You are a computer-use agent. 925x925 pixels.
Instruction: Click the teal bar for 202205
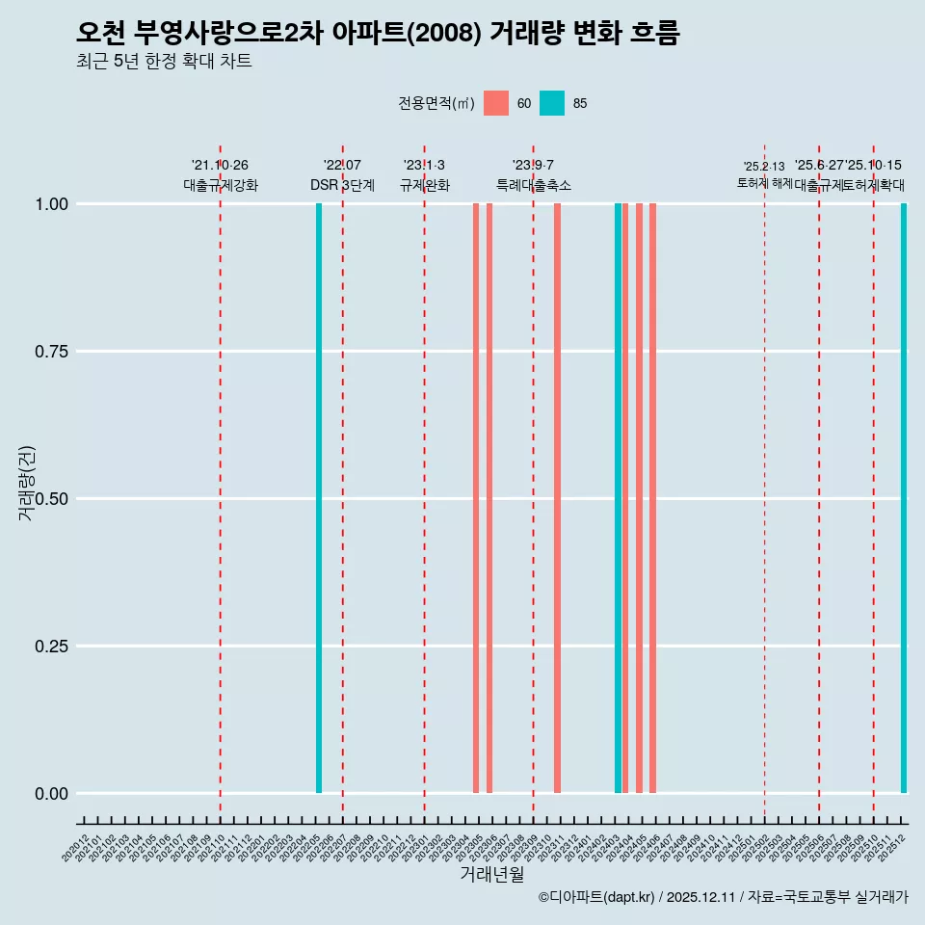(319, 498)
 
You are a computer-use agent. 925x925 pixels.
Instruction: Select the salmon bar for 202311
(557, 498)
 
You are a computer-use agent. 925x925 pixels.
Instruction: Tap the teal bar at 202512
(904, 498)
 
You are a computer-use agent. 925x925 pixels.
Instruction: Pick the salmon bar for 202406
(652, 498)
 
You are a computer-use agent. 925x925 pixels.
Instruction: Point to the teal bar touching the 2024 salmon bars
(618, 498)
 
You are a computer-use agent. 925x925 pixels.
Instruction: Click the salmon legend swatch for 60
(496, 103)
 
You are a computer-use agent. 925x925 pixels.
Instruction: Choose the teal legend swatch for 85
(552, 103)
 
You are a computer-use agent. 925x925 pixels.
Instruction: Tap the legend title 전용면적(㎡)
(436, 103)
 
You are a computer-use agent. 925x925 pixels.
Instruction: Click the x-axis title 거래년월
(491, 874)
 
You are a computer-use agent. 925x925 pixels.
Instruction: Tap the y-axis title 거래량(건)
(27, 482)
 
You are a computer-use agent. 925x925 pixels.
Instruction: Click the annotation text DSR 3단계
(342, 185)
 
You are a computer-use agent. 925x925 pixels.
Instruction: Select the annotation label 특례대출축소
(534, 185)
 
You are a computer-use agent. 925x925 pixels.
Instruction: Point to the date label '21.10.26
(220, 166)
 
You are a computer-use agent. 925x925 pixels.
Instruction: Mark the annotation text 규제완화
(425, 185)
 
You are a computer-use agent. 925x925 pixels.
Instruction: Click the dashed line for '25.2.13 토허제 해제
(764, 482)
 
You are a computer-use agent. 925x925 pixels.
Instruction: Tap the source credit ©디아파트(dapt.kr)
(596, 897)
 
